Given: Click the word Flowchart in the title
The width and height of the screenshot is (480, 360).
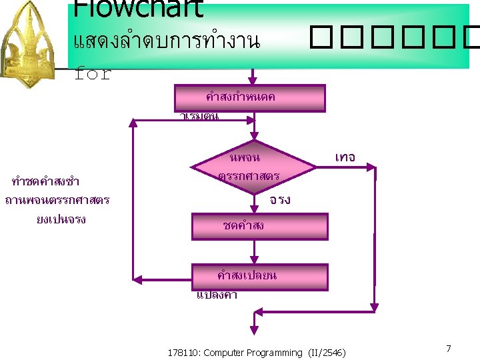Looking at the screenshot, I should (137, 9).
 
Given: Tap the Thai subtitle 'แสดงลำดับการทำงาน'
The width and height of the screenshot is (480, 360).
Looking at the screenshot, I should (166, 41).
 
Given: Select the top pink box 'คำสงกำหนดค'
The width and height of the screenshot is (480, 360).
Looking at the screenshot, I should (249, 97).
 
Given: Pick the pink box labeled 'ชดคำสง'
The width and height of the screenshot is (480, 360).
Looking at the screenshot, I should (259, 226).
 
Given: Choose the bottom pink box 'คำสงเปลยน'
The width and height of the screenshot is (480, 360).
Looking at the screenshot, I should (259, 277).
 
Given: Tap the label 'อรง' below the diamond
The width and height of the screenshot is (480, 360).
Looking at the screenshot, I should (280, 199).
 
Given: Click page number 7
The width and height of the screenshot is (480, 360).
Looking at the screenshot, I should (449, 349).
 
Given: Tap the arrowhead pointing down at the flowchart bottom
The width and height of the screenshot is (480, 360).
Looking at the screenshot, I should (253, 328).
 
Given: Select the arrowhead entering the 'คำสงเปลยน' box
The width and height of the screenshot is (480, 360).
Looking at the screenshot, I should (253, 259).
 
